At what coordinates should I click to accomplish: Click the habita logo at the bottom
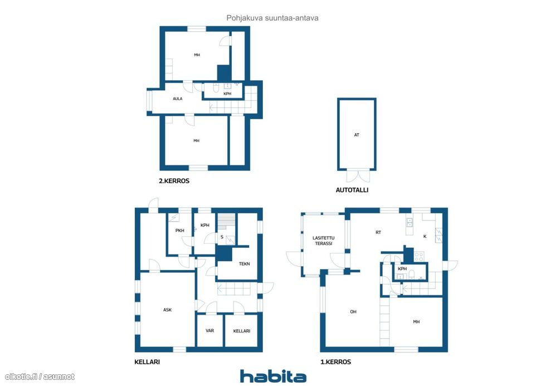pyautogui.click(x=273, y=377)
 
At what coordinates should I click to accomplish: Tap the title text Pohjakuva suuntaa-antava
pyautogui.click(x=272, y=18)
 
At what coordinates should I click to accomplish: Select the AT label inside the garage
pyautogui.click(x=357, y=135)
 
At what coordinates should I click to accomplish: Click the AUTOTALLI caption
pyautogui.click(x=352, y=190)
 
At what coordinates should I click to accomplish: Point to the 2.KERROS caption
pyautogui.click(x=174, y=181)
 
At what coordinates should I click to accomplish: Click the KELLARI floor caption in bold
pyautogui.click(x=147, y=362)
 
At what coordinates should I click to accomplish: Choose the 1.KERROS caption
pyautogui.click(x=335, y=362)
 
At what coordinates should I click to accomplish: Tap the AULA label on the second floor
pyautogui.click(x=178, y=99)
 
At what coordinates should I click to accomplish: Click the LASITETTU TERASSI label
pyautogui.click(x=324, y=241)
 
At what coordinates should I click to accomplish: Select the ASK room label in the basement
pyautogui.click(x=168, y=310)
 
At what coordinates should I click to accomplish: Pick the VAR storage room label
pyautogui.click(x=209, y=331)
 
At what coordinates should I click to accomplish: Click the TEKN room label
pyautogui.click(x=245, y=264)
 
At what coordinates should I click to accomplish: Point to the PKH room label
pyautogui.click(x=179, y=231)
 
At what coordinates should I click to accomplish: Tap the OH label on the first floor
pyautogui.click(x=353, y=312)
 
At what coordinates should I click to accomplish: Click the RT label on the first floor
pyautogui.click(x=378, y=232)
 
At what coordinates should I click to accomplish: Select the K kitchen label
pyautogui.click(x=425, y=236)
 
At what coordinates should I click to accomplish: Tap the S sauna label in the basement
pyautogui.click(x=222, y=237)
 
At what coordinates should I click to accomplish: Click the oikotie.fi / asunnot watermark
pyautogui.click(x=40, y=377)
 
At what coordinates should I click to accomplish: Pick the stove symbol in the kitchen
pyautogui.click(x=419, y=257)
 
